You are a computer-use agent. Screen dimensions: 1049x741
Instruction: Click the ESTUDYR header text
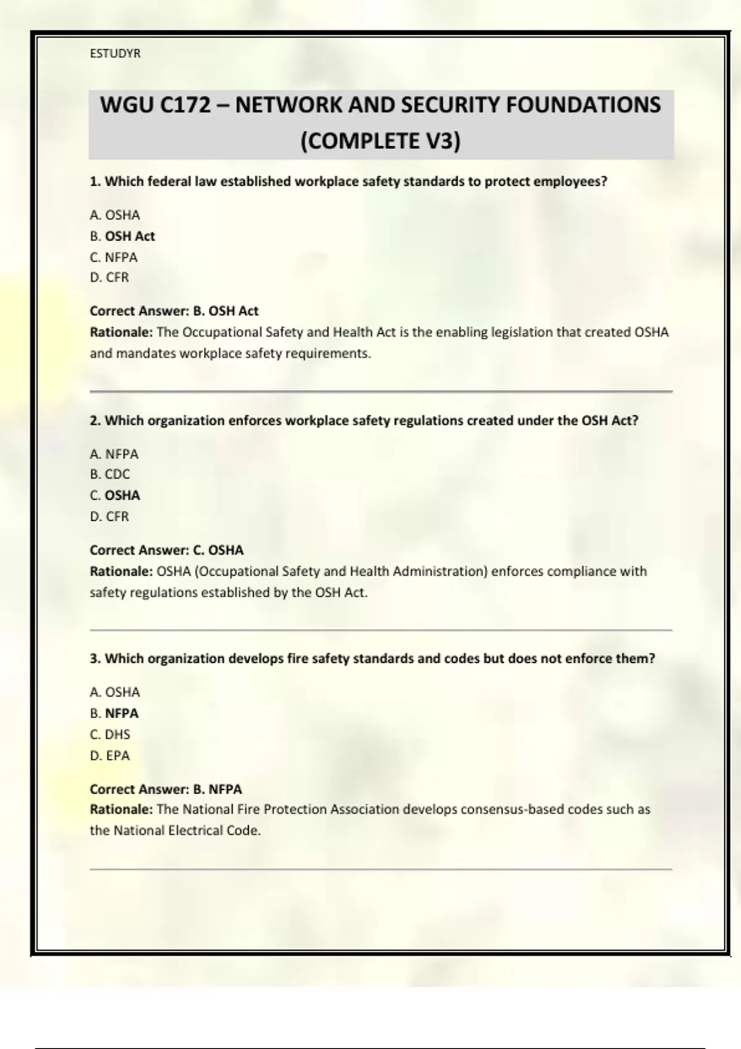pos(115,54)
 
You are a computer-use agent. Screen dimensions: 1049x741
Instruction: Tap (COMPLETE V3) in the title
pos(380,141)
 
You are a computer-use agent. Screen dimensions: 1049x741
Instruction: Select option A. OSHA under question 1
pos(115,215)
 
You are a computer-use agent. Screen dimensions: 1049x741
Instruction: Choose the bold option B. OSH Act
pos(122,236)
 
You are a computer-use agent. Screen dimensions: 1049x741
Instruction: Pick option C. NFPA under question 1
pos(114,257)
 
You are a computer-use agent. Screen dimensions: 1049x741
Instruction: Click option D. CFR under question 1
pos(109,278)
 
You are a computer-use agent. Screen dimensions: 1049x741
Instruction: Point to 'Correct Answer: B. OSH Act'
pos(174,311)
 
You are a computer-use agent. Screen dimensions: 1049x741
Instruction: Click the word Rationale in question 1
pos(121,333)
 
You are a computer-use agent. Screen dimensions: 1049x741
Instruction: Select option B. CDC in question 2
pos(110,475)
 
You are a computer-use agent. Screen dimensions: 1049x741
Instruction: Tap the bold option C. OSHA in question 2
pos(115,495)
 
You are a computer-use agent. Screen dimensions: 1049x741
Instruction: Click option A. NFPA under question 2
pos(114,454)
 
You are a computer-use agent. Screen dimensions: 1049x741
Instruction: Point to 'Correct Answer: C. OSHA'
pos(167,550)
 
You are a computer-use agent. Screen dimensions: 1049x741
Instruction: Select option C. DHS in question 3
pos(110,734)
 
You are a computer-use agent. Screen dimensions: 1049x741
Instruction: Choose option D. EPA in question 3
pos(110,755)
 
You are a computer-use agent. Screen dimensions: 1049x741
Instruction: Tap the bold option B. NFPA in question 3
pos(114,713)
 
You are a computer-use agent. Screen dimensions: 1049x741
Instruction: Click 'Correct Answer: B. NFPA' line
pos(166,789)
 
